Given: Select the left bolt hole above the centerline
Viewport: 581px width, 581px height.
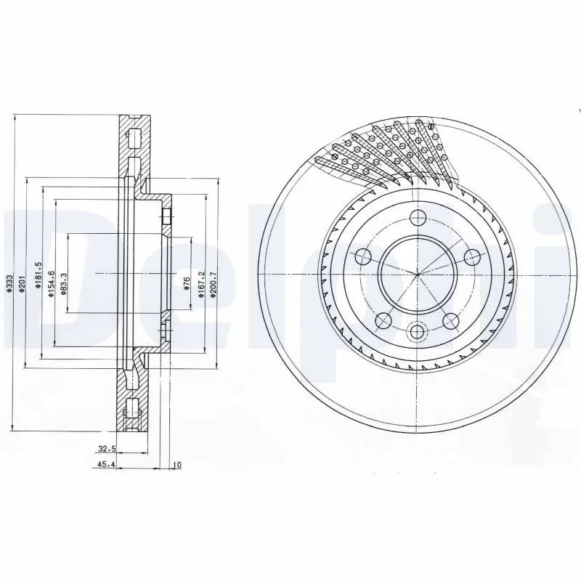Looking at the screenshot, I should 362,256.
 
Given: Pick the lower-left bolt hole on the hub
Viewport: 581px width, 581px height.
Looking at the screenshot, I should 382,320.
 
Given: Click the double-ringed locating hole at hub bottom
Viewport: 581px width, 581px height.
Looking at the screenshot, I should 416,331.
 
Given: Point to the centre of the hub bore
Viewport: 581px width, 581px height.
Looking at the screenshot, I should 416,274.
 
